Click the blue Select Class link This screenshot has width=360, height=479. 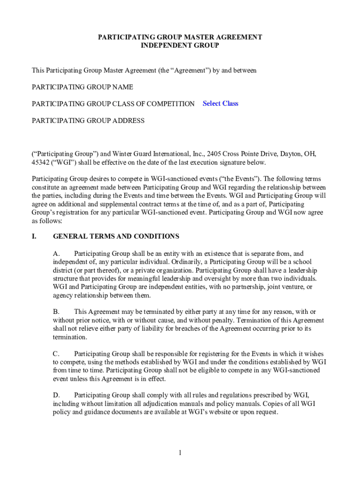(220, 103)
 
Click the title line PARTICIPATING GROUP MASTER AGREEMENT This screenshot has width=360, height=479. (180, 37)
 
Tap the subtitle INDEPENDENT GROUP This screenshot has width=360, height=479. (180, 45)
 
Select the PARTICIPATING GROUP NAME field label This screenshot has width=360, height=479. (82, 87)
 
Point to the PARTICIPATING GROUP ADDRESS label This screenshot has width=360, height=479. (88, 121)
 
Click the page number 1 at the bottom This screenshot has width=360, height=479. (180, 453)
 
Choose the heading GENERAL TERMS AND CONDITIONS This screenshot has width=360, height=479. (116, 236)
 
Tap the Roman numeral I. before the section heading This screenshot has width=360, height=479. (34, 236)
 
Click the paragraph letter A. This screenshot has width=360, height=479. (56, 254)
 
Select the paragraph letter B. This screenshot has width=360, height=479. (56, 312)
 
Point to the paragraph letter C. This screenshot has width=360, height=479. (56, 354)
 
